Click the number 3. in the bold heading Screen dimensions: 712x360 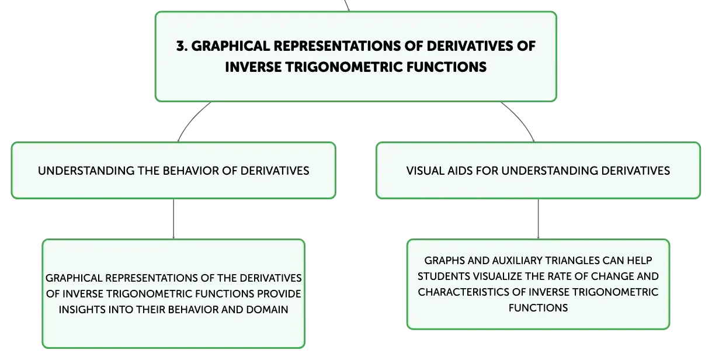click(182, 46)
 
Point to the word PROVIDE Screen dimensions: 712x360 click(279, 294)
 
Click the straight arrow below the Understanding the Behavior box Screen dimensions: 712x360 click(173, 219)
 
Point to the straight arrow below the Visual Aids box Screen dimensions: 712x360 click(538, 219)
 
